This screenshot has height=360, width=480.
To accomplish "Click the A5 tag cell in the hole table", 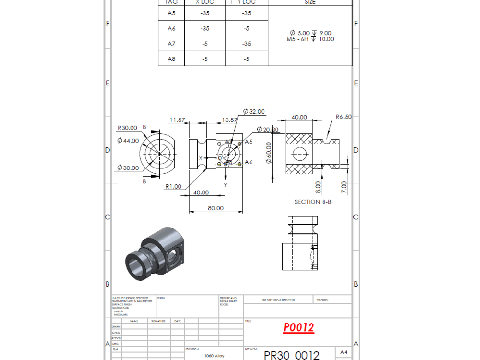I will [171, 13].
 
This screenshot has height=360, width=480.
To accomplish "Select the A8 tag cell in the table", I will [171, 59].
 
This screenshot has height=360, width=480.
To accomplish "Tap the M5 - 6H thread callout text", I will [310, 39].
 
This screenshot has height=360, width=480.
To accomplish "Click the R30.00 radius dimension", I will [127, 128].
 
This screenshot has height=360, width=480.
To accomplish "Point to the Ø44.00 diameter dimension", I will [128, 141].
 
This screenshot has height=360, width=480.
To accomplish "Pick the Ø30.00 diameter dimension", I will [128, 168].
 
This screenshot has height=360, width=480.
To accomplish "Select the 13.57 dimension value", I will [230, 120].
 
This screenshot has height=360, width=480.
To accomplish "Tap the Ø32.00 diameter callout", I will [254, 111].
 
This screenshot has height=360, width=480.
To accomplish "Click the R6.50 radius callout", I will [344, 117].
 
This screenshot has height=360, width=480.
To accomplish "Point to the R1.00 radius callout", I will [173, 186].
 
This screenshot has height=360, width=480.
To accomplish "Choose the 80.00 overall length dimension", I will [216, 208].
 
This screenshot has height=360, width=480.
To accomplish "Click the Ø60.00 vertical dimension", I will [269, 153].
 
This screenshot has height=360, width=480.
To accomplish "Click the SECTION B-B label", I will [312, 202].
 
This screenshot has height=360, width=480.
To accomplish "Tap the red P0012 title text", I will [299, 327].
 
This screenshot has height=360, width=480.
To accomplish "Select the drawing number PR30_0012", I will [291, 355].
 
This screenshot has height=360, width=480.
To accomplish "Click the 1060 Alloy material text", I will [214, 356].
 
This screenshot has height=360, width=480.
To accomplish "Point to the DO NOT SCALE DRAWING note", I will [278, 300].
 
